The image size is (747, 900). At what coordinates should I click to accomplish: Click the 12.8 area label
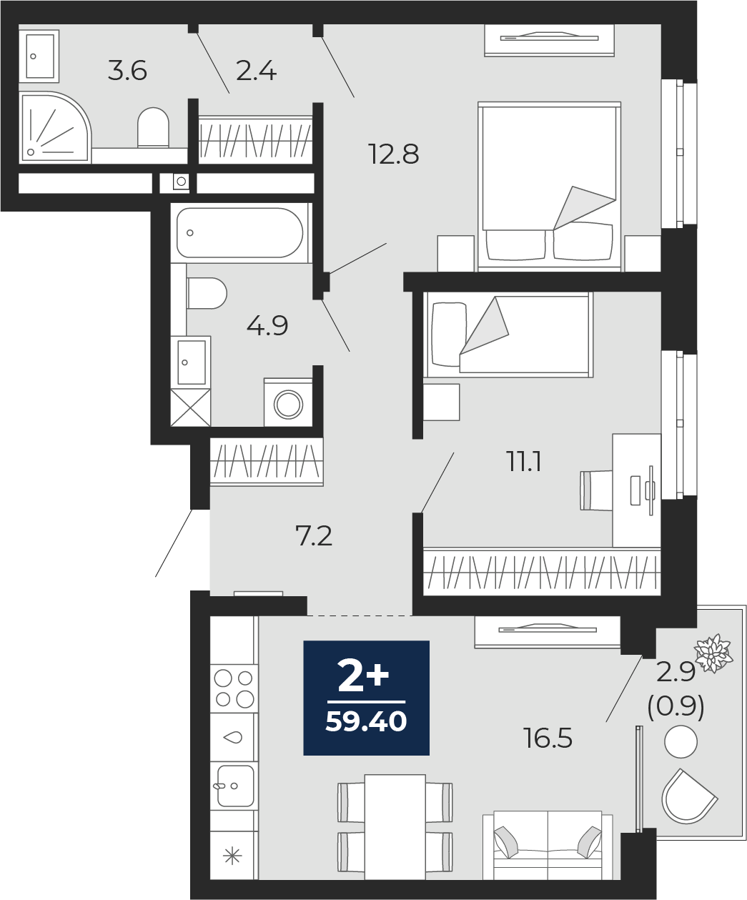(x=394, y=154)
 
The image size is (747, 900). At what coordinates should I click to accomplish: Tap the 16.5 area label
(x=548, y=738)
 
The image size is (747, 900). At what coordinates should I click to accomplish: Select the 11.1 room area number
(x=525, y=462)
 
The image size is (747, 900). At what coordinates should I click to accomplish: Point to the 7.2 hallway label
(x=314, y=536)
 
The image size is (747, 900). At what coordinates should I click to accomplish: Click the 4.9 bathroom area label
(x=267, y=325)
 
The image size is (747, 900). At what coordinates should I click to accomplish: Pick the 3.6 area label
(x=127, y=71)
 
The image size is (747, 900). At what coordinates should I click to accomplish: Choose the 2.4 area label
(x=256, y=71)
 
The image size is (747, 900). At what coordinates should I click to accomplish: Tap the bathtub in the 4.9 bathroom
(x=239, y=233)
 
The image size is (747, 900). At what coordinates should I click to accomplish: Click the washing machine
(x=288, y=402)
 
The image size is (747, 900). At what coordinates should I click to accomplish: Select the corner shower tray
(x=54, y=127)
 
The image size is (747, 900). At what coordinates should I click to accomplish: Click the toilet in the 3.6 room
(x=153, y=127)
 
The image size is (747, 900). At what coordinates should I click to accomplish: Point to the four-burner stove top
(x=234, y=688)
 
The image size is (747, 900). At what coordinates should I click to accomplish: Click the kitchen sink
(x=235, y=786)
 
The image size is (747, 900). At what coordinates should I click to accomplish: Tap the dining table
(x=395, y=826)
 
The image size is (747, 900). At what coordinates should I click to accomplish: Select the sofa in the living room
(x=548, y=845)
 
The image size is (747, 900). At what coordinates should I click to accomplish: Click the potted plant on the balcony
(x=713, y=653)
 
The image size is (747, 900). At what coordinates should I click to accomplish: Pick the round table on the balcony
(x=681, y=741)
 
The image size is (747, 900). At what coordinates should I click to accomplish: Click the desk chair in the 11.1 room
(x=597, y=490)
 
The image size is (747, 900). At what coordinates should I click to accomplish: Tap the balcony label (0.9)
(x=676, y=706)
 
